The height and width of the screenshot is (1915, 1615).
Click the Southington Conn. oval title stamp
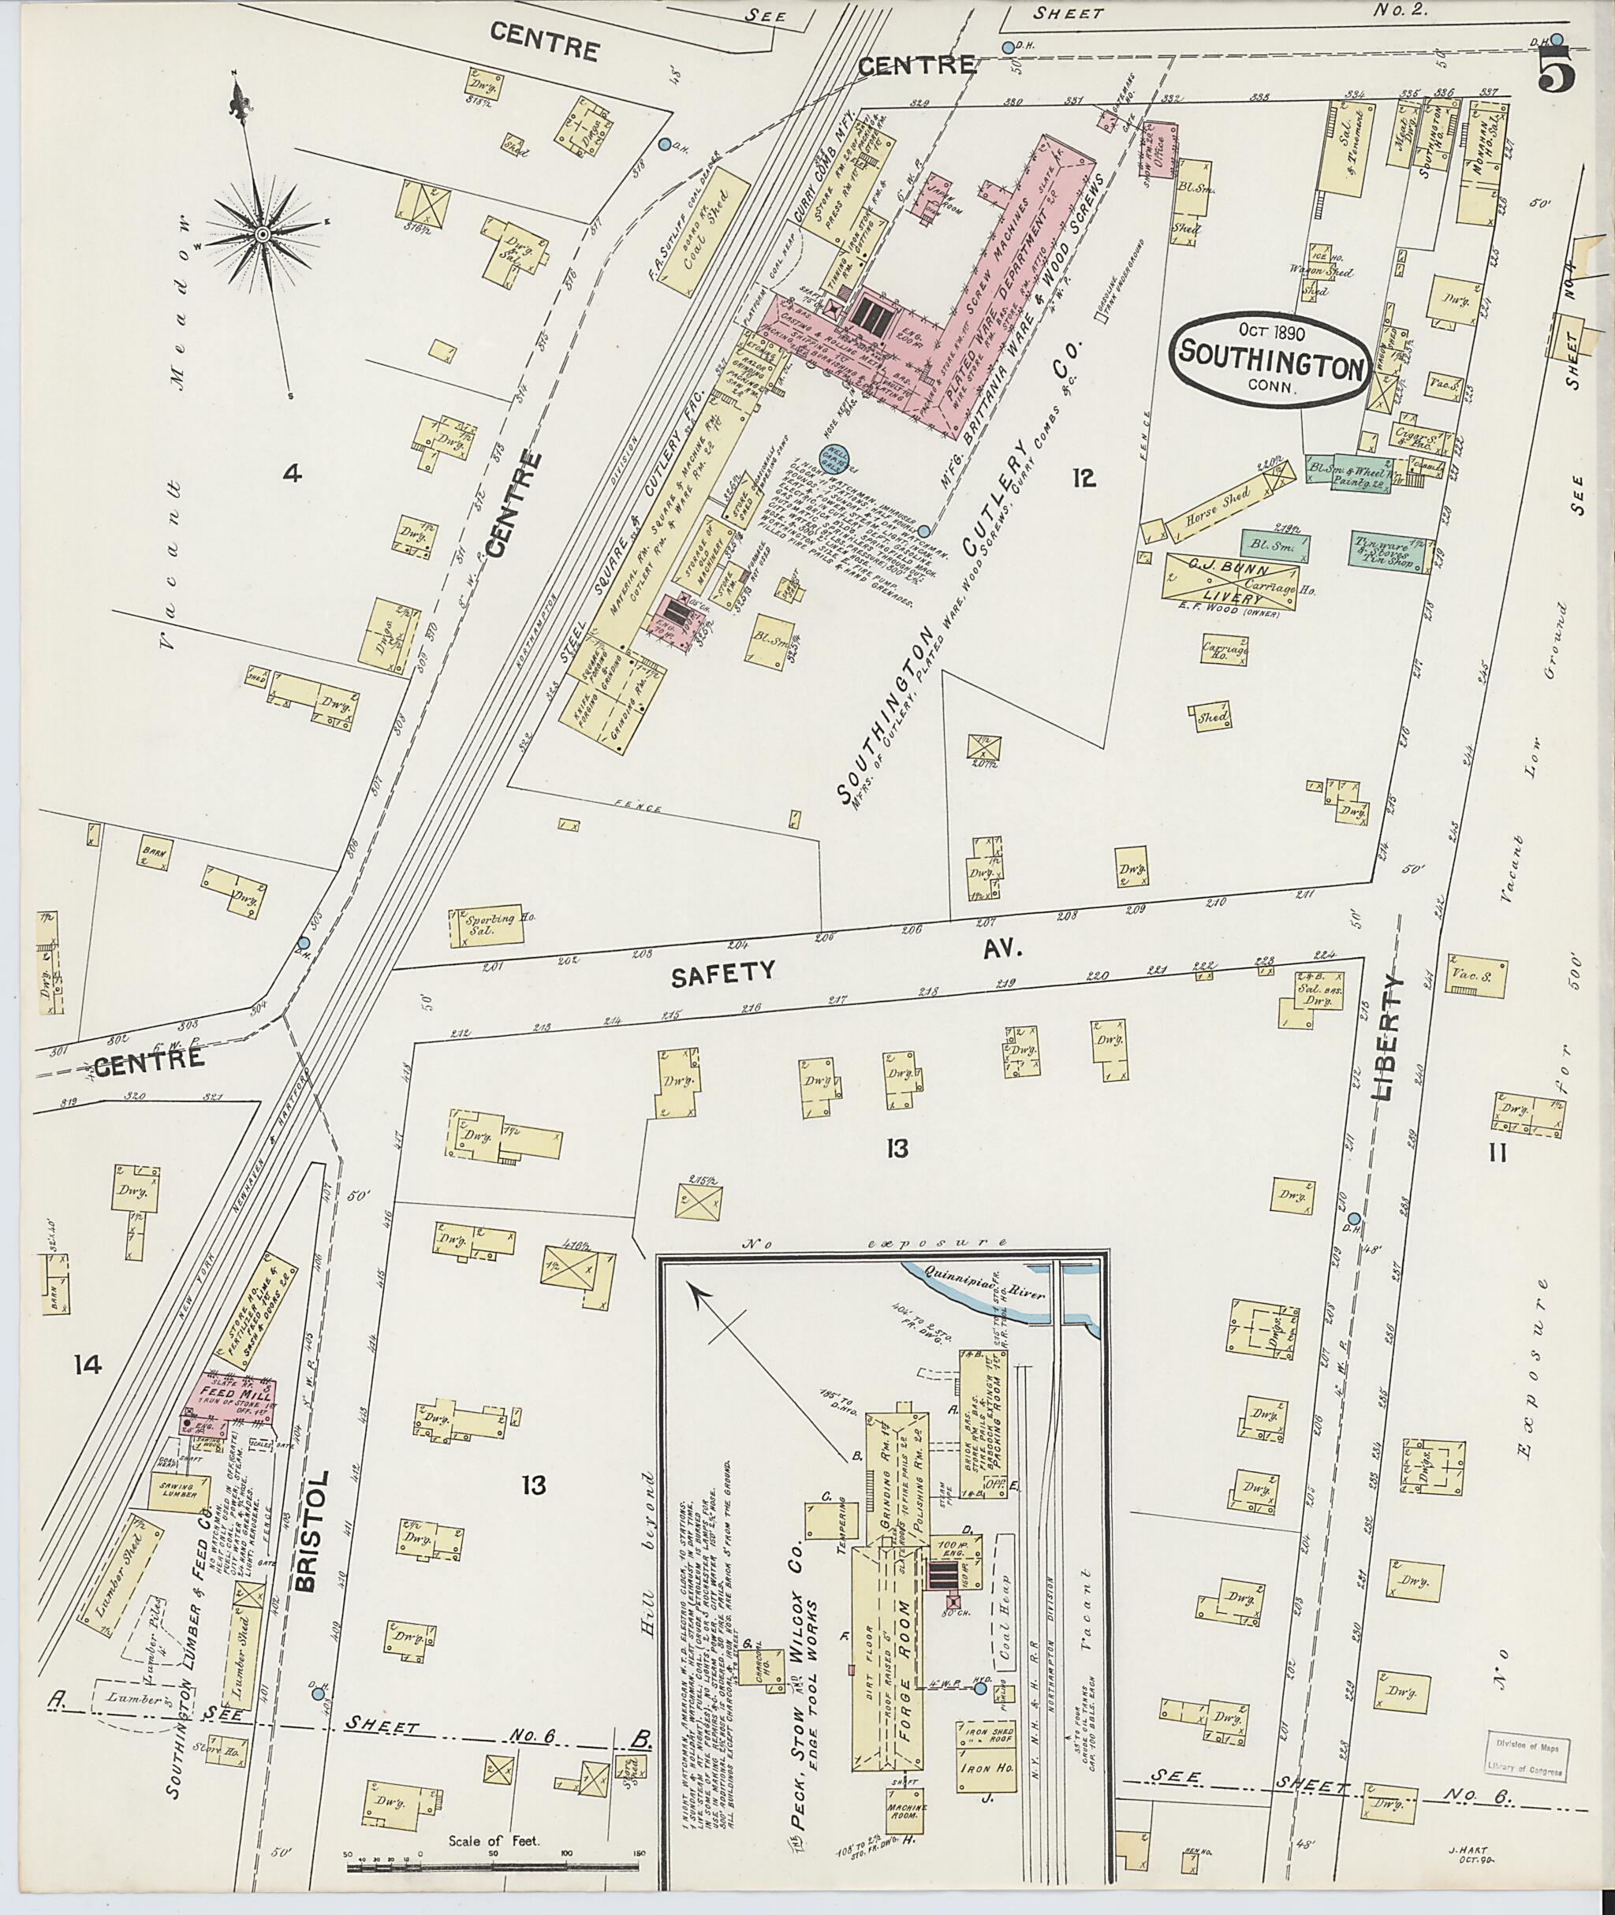pyautogui.click(x=1268, y=359)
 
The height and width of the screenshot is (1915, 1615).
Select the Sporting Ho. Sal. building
pyautogui.click(x=486, y=927)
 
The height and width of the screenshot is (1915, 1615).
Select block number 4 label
pyautogui.click(x=291, y=473)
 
